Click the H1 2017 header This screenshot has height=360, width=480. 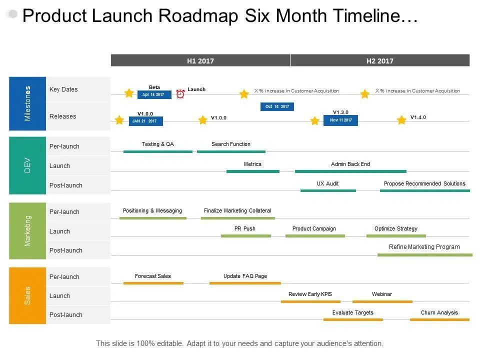(200, 60)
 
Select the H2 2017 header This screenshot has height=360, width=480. (380, 60)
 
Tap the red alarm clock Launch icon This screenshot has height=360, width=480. (180, 93)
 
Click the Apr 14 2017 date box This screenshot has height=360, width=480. (154, 94)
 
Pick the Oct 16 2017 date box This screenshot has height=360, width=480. (277, 106)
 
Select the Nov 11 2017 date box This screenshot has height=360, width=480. (340, 120)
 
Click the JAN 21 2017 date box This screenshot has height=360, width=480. (145, 121)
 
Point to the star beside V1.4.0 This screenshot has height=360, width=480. (401, 120)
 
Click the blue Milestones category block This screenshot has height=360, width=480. (27, 103)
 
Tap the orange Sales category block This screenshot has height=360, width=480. (27, 295)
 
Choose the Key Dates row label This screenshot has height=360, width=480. (63, 89)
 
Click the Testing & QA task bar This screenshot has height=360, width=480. (158, 151)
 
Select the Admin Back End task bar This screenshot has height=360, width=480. (350, 171)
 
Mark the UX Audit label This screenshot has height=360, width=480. (327, 183)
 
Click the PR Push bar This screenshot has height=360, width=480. (246, 235)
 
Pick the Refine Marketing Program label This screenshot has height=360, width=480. (424, 246)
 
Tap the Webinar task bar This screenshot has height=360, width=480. (382, 301)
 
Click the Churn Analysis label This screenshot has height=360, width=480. (439, 312)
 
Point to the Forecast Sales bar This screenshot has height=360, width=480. (153, 283)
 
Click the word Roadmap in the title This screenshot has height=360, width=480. (198, 16)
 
